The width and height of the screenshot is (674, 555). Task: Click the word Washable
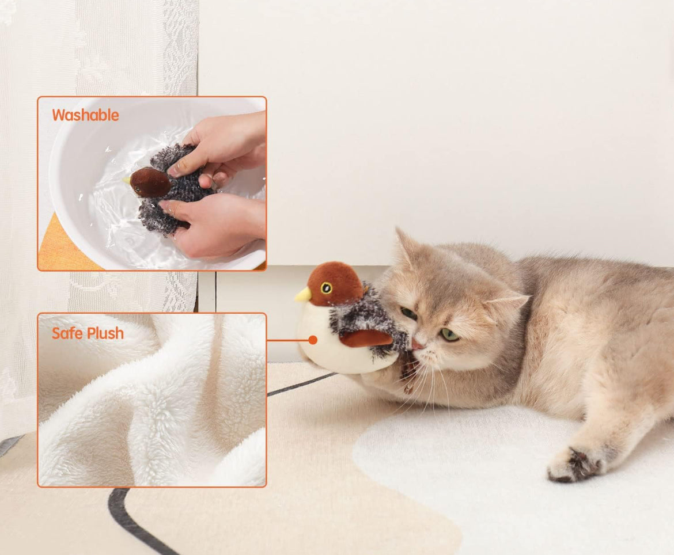click(85, 115)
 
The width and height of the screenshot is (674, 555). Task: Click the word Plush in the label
click(104, 334)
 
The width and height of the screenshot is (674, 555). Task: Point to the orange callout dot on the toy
click(313, 340)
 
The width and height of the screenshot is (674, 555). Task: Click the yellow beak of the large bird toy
click(303, 294)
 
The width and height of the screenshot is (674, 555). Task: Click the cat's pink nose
click(417, 344)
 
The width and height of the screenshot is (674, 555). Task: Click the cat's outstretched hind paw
click(575, 464)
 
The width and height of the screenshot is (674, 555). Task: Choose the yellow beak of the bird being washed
click(126, 181)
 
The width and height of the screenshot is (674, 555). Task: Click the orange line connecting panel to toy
click(288, 340)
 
